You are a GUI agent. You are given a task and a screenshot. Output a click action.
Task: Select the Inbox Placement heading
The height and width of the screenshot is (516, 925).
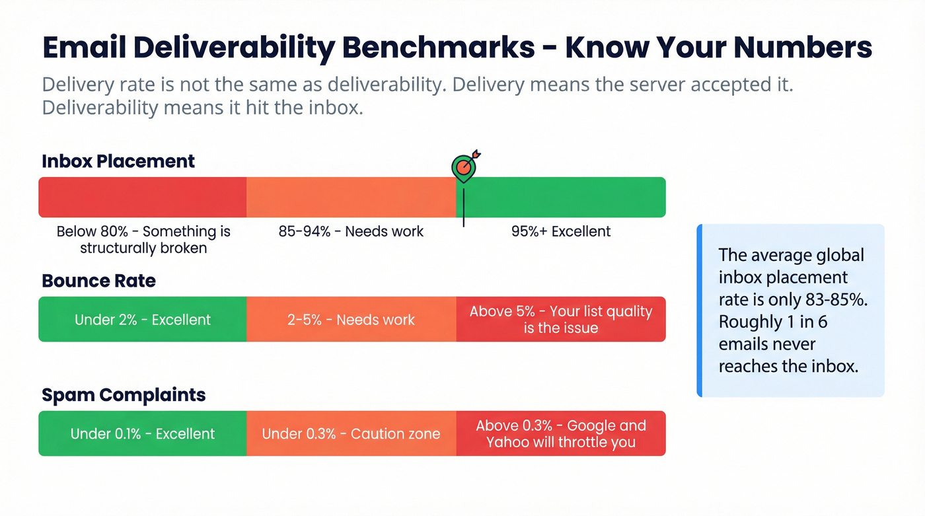[x=118, y=161]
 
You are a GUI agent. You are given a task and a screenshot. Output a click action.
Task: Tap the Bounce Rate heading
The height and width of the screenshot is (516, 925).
[x=98, y=281]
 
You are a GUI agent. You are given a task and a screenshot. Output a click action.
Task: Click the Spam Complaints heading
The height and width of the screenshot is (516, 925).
[x=124, y=395]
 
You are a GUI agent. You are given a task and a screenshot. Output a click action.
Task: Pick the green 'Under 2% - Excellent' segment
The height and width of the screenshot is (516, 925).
[x=143, y=320]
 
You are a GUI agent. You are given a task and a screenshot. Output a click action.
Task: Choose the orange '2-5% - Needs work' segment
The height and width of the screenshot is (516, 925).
[x=351, y=320]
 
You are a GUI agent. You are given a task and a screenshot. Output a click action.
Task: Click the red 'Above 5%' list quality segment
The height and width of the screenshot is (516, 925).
[x=560, y=320]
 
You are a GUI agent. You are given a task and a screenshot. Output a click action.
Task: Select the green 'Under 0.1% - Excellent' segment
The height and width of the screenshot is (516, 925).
[x=143, y=434]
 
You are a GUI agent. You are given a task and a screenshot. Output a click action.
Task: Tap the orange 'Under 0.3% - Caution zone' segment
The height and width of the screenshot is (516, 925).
[x=351, y=434]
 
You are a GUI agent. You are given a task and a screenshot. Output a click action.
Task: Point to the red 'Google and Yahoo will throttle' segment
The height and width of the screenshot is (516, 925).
[x=560, y=434]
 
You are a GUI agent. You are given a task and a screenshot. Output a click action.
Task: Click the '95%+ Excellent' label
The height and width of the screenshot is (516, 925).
[x=560, y=231]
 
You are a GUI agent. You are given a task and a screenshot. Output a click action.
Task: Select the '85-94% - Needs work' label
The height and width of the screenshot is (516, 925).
[x=351, y=231]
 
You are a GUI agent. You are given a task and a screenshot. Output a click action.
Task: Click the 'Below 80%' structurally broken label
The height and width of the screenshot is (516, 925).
[x=143, y=239]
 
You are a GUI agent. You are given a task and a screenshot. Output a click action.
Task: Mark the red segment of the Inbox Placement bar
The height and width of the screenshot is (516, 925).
[x=143, y=197]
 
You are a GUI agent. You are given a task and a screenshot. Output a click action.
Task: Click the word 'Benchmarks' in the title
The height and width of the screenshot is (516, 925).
[x=436, y=48]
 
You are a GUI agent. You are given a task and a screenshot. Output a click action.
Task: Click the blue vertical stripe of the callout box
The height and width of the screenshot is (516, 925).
[x=699, y=311]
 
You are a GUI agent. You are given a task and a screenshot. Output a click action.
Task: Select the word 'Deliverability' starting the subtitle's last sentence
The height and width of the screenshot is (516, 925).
[x=96, y=107]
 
